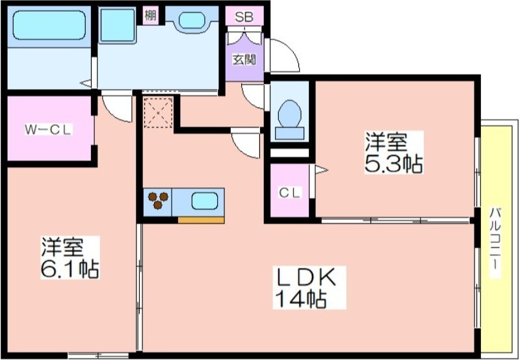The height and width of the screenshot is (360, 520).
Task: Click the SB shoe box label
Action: (244, 17)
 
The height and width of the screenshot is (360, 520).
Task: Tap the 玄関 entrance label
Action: (244, 60)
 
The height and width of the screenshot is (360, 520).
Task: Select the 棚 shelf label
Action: (150, 14)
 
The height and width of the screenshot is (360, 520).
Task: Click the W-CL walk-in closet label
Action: (48, 129)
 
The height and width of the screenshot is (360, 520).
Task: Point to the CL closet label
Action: (290, 192)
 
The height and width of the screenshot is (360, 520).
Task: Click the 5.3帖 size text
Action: (394, 164)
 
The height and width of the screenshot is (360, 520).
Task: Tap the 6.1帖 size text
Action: (70, 269)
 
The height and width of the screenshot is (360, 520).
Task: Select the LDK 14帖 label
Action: (309, 288)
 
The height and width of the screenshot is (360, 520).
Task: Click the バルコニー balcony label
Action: (495, 242)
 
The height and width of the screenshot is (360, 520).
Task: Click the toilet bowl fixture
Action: (290, 114)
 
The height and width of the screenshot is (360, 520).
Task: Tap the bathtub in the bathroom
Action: (49, 25)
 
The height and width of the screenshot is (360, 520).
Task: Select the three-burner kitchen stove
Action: (157, 201)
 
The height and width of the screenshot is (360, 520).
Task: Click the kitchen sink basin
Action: (204, 201)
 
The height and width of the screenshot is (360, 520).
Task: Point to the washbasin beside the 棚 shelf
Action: (192, 21)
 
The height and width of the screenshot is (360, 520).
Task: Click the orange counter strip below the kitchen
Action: (201, 220)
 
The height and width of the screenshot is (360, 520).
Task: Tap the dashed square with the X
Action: (158, 112)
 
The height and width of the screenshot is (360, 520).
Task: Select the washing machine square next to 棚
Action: (118, 25)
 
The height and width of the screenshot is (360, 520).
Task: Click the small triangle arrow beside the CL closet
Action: (321, 170)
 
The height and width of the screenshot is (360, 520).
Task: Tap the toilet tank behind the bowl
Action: (289, 133)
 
